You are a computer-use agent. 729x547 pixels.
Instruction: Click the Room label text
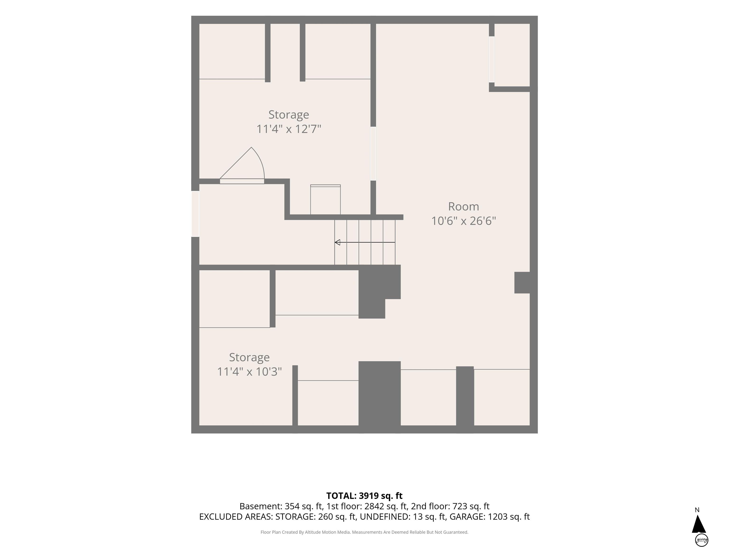pos(463,207)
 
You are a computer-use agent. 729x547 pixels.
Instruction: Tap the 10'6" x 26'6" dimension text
pos(463,221)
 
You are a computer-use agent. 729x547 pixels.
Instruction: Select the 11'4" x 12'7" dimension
pos(289,129)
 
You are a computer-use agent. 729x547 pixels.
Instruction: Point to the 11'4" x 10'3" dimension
pos(249,372)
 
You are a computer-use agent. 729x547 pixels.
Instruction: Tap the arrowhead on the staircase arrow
pos(337,242)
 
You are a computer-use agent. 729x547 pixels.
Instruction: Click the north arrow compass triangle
pos(698,524)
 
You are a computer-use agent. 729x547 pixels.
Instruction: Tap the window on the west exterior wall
pos(195,214)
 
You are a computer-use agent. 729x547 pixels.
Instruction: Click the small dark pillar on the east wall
pos(522,283)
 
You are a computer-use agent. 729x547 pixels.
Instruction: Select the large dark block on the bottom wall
pos(379,397)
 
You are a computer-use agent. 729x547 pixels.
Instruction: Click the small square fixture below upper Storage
pos(325,200)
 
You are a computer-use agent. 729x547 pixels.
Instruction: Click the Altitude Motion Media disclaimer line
pos(364,532)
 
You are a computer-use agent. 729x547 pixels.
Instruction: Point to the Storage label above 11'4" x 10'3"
pos(249,357)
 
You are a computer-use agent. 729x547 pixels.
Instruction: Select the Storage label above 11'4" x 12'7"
pos(289,115)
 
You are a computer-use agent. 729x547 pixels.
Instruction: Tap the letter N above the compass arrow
pos(697,510)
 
